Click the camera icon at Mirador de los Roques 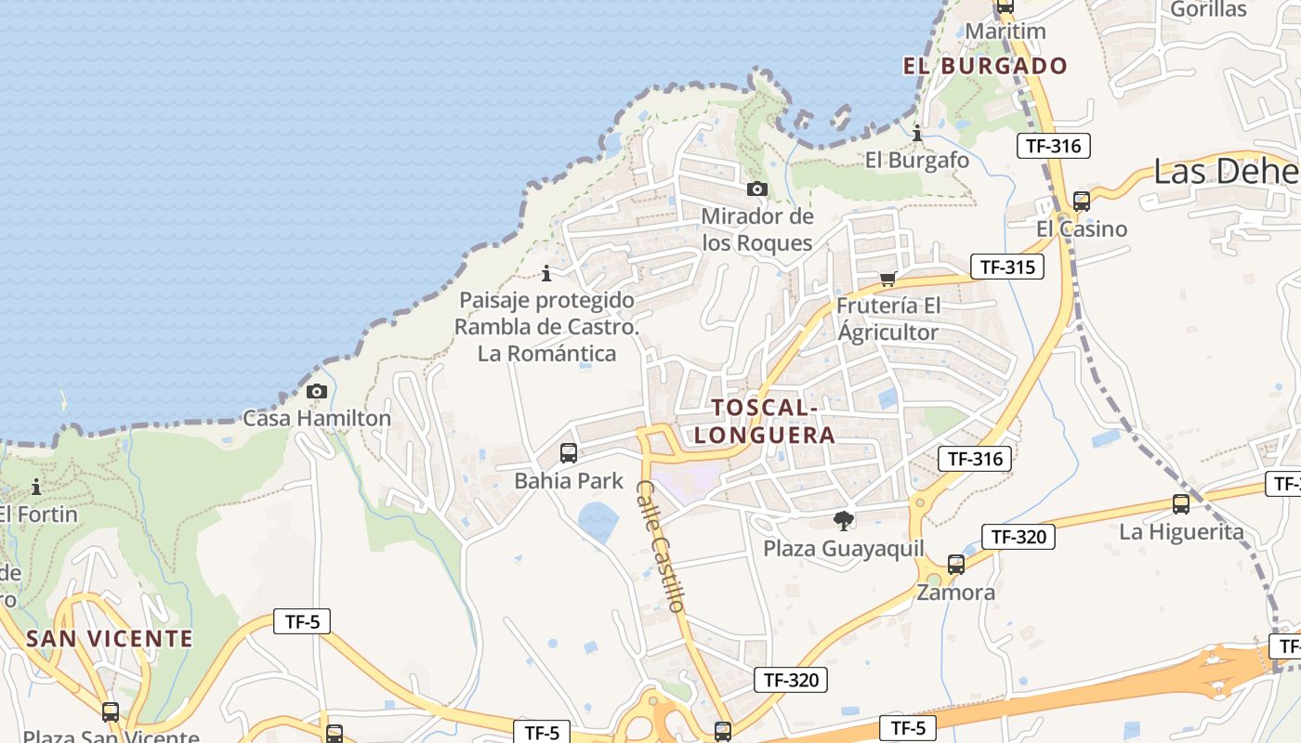point(757,189)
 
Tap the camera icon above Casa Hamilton point(317,391)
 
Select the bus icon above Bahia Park point(569,453)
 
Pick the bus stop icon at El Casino point(1082,201)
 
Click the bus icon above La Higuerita point(1181,504)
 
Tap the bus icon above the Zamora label point(956,564)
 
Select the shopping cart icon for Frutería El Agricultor point(888,279)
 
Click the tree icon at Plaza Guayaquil point(844,520)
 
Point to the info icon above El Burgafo point(917,133)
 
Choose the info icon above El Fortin point(36,487)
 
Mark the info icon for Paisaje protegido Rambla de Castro point(546,273)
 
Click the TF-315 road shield point(1007,267)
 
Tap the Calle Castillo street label point(661,545)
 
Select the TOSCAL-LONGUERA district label point(764,421)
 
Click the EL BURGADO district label point(986,66)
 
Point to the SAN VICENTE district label point(110,639)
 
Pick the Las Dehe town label point(1226,172)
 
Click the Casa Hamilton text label point(317,418)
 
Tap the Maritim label point(1005,31)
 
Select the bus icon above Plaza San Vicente point(111,712)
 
